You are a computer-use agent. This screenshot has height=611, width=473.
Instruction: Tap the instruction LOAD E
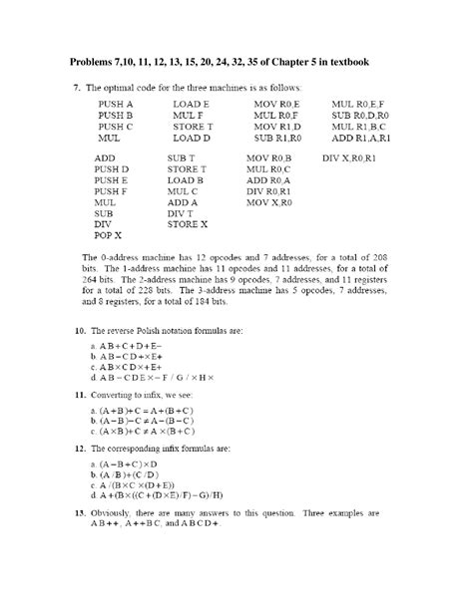tap(191, 104)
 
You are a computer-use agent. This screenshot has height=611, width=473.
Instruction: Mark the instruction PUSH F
tap(112, 191)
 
